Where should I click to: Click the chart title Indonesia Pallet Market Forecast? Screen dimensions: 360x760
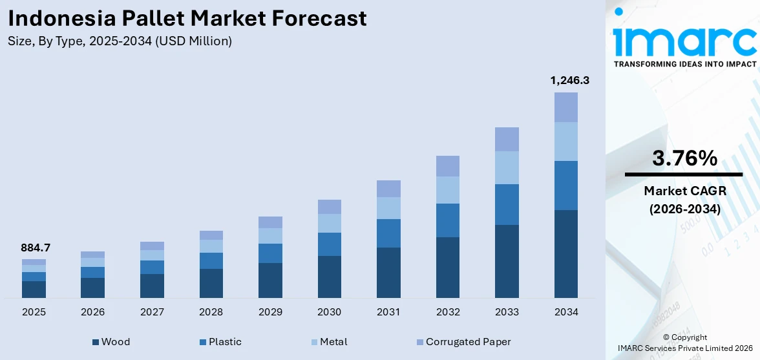(x=187, y=18)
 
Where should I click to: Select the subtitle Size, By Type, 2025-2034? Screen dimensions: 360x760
(x=120, y=41)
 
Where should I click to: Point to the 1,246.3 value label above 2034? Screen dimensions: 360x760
(x=569, y=81)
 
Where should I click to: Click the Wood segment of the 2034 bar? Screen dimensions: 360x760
(x=565, y=253)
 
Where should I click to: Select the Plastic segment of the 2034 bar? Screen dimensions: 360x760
(x=565, y=185)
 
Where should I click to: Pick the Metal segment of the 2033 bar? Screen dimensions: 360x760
(x=507, y=167)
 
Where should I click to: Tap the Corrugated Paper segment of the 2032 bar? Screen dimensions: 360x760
(x=447, y=166)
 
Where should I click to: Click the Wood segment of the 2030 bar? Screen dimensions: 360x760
(x=329, y=277)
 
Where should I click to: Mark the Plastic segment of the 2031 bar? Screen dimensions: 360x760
(x=388, y=233)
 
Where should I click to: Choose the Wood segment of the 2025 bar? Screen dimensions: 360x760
(x=34, y=289)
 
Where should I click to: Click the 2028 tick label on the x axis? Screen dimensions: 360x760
(x=211, y=312)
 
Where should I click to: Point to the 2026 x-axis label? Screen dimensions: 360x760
(x=92, y=312)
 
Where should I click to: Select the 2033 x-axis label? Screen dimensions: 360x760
(x=507, y=312)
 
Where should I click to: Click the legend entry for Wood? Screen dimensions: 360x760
(x=111, y=342)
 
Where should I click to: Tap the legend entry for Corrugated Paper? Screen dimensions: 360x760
(x=463, y=342)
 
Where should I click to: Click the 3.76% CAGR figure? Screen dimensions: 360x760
(x=684, y=158)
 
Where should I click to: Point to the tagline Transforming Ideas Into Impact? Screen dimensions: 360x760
(x=684, y=64)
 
